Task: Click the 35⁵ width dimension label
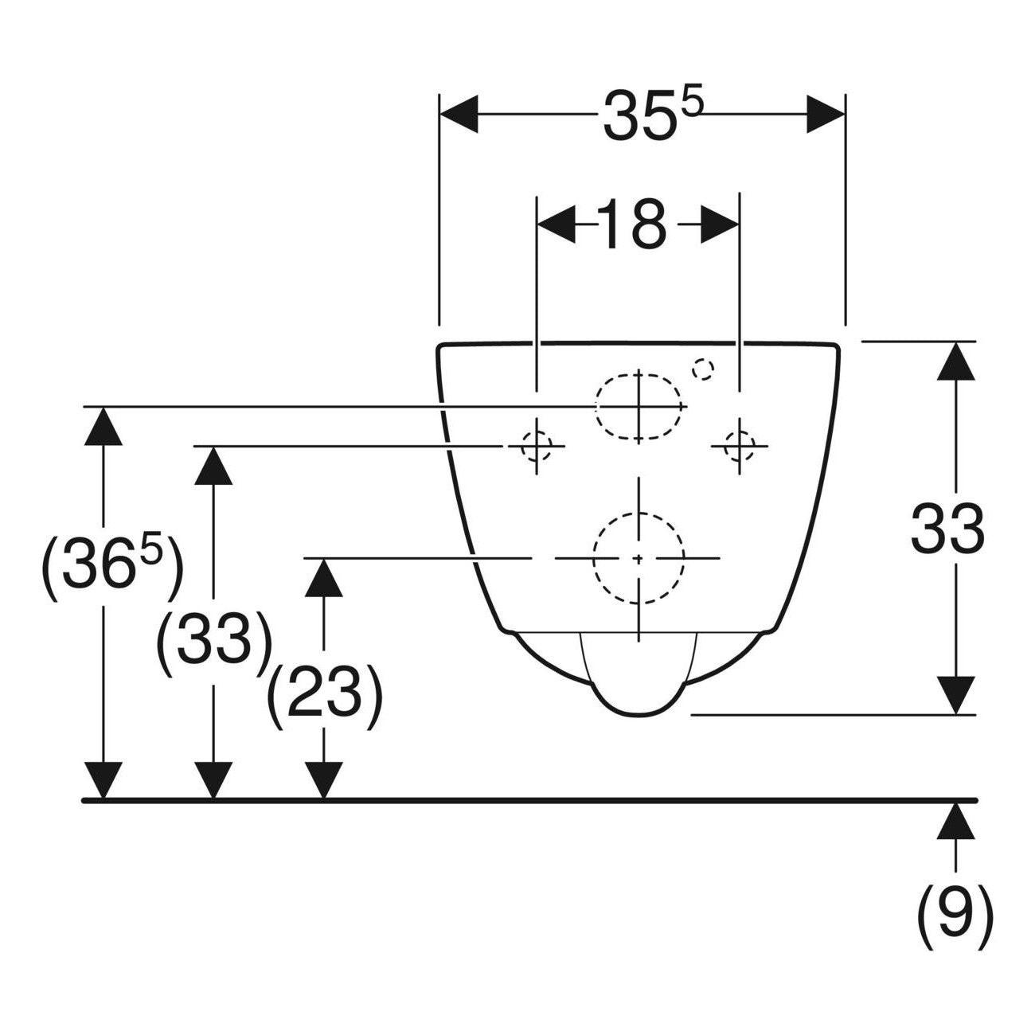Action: click(652, 116)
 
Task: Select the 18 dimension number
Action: click(631, 224)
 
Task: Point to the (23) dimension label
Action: click(324, 697)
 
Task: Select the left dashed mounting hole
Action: click(536, 445)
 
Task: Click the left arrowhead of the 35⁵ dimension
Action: click(459, 115)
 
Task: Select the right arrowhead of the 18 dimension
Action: click(720, 224)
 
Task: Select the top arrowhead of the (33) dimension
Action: click(214, 466)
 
